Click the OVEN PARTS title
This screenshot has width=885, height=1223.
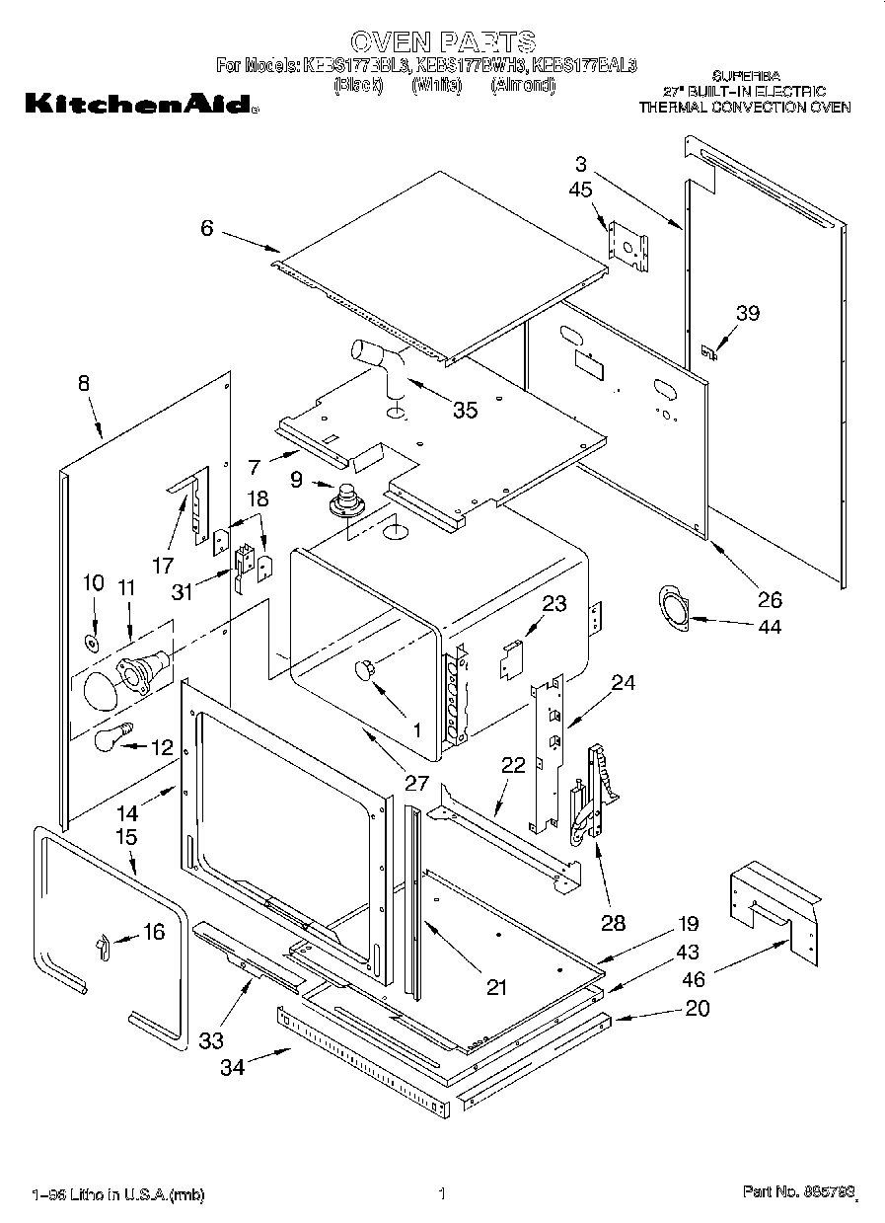443,41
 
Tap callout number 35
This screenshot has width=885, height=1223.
464,409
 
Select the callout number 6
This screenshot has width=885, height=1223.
206,228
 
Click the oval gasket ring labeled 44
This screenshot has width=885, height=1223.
674,606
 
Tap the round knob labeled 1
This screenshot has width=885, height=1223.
366,670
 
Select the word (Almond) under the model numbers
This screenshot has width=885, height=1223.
523,85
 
